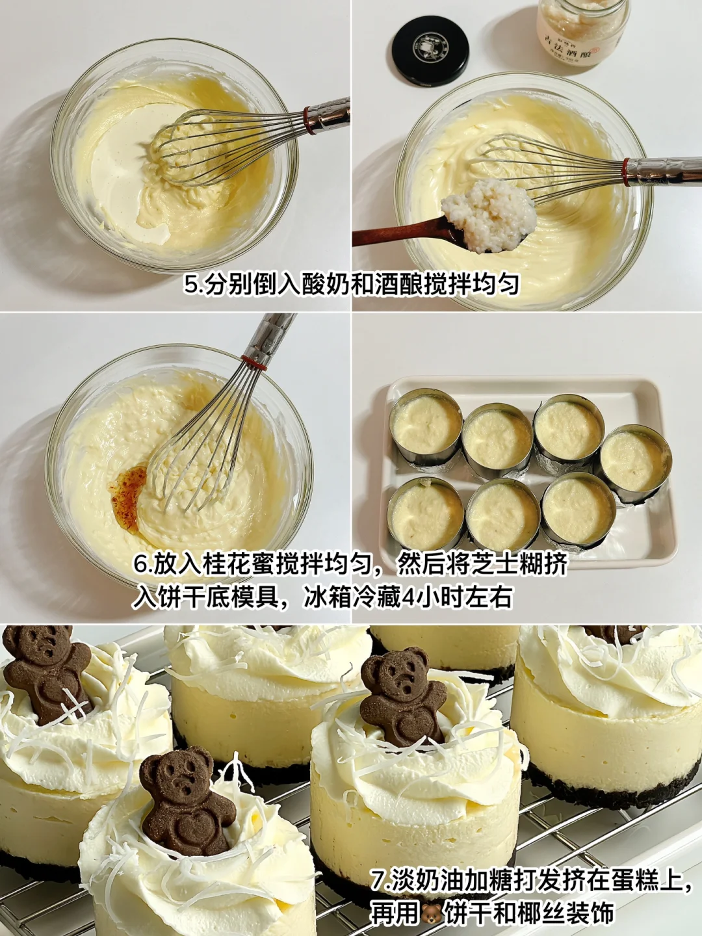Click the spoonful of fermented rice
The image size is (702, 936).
coord(488,214)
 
